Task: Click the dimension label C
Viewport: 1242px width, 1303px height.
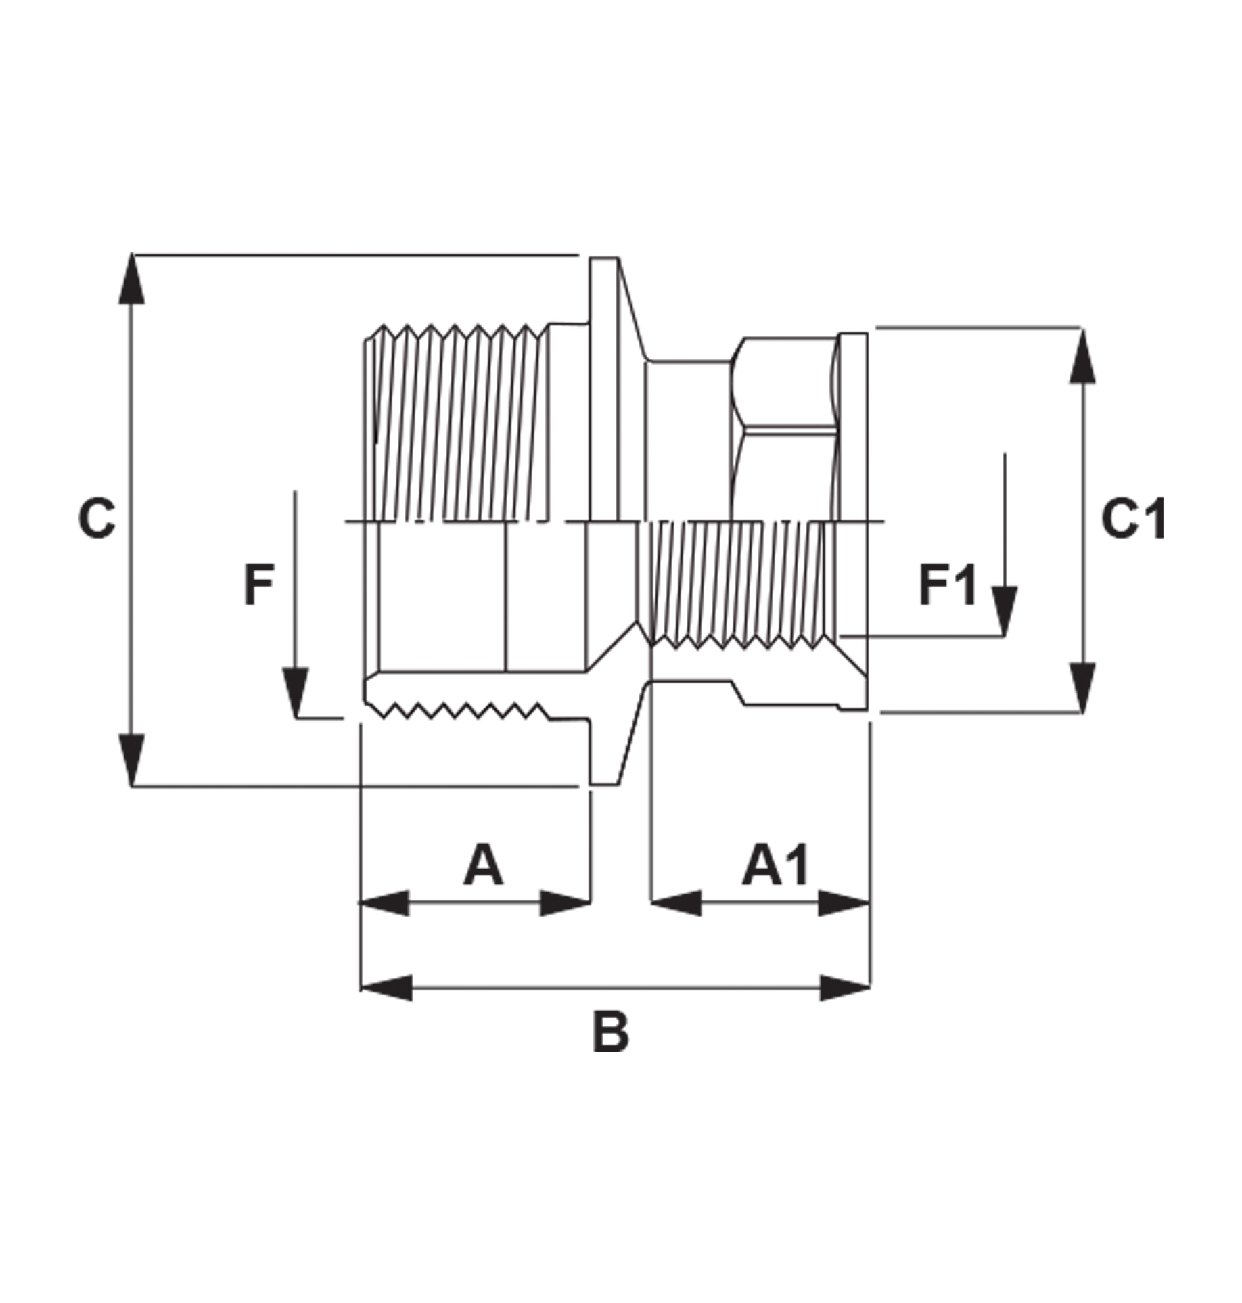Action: [97, 519]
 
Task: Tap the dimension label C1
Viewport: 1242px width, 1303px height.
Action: [1134, 520]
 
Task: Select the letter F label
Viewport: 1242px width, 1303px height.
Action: [258, 586]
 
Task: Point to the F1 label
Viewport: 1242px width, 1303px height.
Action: [948, 586]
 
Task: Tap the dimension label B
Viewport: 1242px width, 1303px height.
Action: [610, 1032]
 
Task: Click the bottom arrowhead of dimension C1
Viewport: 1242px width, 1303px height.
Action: [1082, 687]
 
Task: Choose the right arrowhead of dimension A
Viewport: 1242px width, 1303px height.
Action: [566, 903]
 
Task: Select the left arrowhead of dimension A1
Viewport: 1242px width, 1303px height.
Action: [675, 903]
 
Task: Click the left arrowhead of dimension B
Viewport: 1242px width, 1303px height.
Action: [386, 988]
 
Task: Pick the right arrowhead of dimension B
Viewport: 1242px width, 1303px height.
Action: [845, 988]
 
